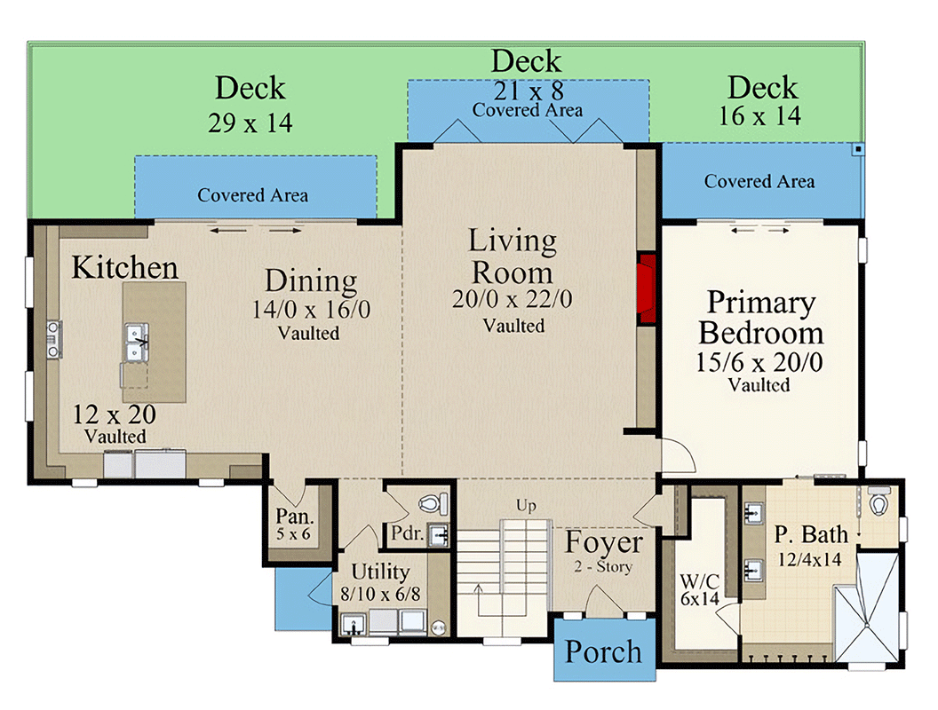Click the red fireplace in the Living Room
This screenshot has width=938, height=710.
tap(647, 289)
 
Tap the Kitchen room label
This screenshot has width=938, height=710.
tap(124, 267)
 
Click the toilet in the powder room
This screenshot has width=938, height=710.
tap(430, 503)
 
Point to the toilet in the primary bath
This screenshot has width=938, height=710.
tap(879, 503)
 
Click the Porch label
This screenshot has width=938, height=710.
tap(604, 651)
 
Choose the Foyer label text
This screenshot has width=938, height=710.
tap(604, 542)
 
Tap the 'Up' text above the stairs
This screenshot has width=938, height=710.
tap(526, 506)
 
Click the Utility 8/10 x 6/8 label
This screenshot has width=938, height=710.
tap(380, 580)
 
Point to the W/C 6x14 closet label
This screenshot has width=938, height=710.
tap(698, 590)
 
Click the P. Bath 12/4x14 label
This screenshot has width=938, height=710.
tap(810, 546)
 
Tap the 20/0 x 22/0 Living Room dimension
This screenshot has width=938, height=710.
tap(513, 300)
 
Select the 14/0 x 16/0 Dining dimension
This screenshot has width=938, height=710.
tap(311, 310)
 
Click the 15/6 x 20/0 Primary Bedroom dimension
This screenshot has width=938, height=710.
tap(761, 362)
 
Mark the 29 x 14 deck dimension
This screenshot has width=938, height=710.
tap(250, 122)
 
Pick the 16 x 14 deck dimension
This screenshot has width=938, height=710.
tap(763, 115)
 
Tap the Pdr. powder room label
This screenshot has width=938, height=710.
tap(407, 533)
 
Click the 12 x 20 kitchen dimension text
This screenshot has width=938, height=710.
tap(115, 414)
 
